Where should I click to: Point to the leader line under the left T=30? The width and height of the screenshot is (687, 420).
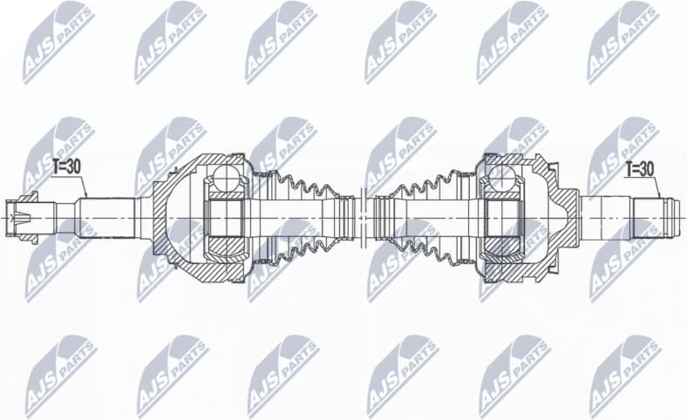(85, 187)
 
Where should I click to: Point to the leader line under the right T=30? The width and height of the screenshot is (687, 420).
(659, 187)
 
